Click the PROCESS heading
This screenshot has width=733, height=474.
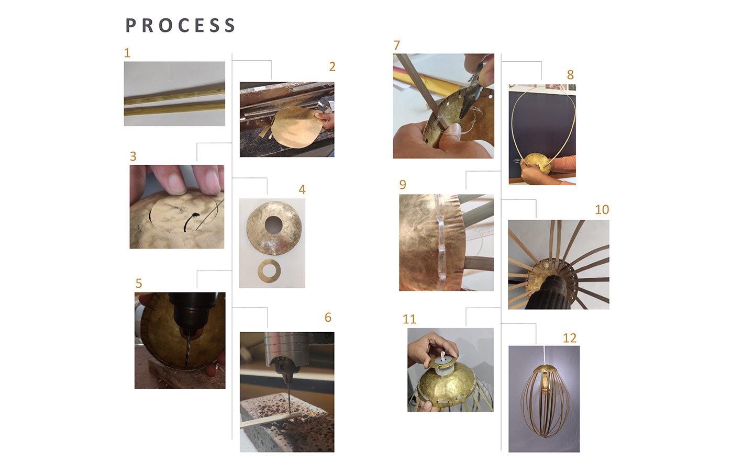click(180, 26)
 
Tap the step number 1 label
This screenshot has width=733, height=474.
click(127, 53)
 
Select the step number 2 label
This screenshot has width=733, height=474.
click(332, 66)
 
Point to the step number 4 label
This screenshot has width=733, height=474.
click(302, 189)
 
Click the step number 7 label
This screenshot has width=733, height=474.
click(397, 45)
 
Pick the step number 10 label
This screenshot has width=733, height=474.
click(602, 210)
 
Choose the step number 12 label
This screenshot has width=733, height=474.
click(570, 338)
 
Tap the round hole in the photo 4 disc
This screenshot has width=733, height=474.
click(273, 225)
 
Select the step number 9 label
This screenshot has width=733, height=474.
click(403, 185)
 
